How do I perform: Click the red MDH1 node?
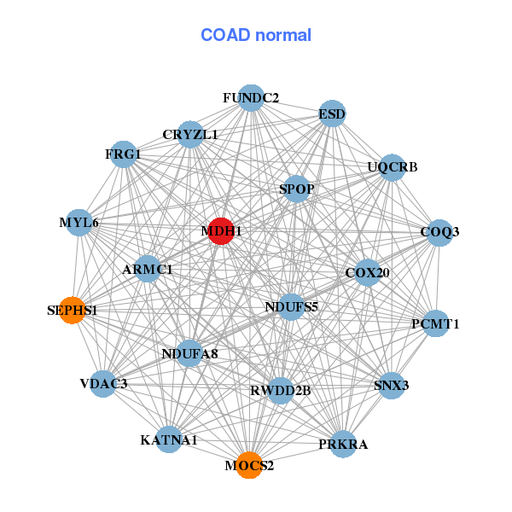coord(221,231)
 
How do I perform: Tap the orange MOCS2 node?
coord(249,465)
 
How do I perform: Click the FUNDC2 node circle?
coord(251,98)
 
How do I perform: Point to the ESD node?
coord(332,114)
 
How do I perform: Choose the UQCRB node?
coord(392,166)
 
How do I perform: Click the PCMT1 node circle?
coord(435,323)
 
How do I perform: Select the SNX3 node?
coord(392,385)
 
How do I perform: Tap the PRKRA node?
coord(343,444)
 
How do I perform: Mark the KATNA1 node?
coord(169,439)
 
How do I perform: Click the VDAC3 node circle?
coord(104,384)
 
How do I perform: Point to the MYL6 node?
coord(79,222)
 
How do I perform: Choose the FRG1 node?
coord(125,154)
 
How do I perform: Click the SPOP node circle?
coord(296,188)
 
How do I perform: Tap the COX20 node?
coord(367,273)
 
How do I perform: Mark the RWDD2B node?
coord(280,390)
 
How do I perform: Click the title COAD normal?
coord(256,35)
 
